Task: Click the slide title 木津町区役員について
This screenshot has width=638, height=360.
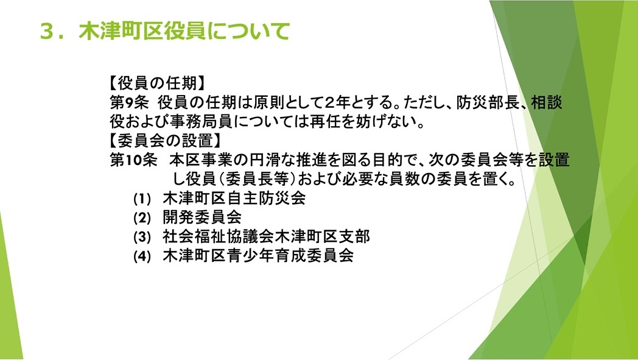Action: click(184, 31)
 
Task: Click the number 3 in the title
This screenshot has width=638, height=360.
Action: click(47, 31)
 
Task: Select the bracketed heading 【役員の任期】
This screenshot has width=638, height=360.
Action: click(157, 83)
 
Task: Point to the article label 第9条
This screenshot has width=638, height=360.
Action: click(130, 102)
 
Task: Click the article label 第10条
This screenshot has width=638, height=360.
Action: click(133, 160)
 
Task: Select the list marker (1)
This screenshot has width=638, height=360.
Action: click(142, 199)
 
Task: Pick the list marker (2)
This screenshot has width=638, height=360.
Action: click(142, 218)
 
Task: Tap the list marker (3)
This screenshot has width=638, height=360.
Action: click(142, 236)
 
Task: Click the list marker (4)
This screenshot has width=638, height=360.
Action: click(142, 256)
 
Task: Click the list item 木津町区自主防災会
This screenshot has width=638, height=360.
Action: click(234, 199)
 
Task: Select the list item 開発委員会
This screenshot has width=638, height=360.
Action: click(202, 217)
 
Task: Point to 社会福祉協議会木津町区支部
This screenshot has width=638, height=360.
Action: click(266, 236)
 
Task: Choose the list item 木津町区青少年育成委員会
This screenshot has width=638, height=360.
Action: click(258, 255)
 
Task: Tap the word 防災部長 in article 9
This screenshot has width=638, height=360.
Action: click(488, 102)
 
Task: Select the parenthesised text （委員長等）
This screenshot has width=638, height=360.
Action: click(258, 178)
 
